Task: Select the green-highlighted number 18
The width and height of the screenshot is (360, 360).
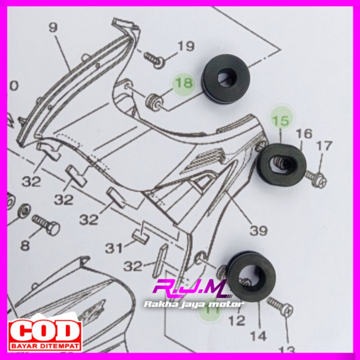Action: (182, 83)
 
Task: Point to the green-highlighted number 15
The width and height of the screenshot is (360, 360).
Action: (280, 121)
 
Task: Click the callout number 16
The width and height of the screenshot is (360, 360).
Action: (304, 134)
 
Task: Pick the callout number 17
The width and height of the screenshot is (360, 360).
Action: (324, 146)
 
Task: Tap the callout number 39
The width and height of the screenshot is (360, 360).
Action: (259, 231)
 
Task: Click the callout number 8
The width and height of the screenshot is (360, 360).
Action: (25, 246)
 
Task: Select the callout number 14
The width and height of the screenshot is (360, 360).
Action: (259, 335)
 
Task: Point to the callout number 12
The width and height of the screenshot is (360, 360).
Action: (237, 320)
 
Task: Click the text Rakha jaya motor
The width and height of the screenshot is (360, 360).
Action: (193, 305)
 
